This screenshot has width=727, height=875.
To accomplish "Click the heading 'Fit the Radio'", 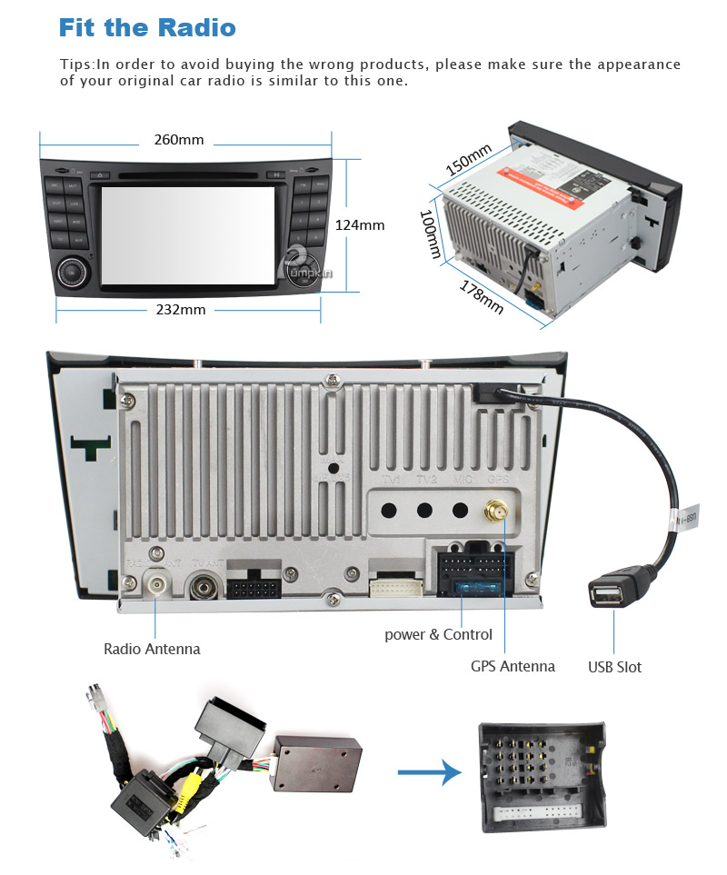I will tap(147, 27).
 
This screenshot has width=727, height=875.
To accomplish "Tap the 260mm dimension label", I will tap(179, 140).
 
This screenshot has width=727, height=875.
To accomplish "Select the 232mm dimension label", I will tap(181, 309).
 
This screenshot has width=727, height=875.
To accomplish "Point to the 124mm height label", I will tap(360, 224).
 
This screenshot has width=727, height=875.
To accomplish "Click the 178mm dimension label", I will tap(482, 297).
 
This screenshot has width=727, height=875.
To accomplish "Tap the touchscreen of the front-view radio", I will tap(188, 233).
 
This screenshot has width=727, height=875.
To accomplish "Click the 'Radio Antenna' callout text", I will tap(152, 649).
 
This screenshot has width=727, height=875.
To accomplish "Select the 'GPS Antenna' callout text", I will tap(513, 666).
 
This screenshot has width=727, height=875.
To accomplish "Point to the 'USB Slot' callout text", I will tap(614, 667).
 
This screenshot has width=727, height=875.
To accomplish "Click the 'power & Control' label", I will tap(438, 634).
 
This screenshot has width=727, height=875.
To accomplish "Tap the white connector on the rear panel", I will tap(397, 586).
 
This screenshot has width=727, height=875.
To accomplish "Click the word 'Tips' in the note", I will tap(75, 65).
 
